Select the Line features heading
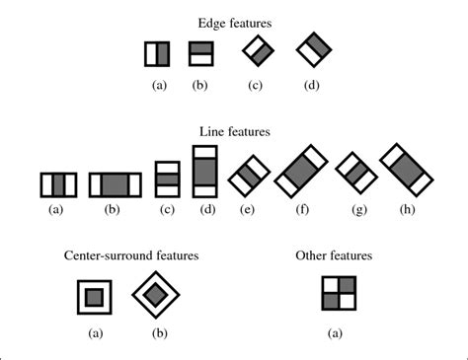pos(234,130)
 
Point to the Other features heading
pos(334,254)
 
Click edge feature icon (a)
pos(158,53)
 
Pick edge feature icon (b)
pos(201,53)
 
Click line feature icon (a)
pos(58,184)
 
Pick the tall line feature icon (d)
pos(206,172)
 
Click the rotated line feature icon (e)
pos(248,176)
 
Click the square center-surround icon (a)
pos(94,295)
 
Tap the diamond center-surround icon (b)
pos(156,294)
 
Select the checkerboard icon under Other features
pos(336,294)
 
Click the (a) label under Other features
pos(336,333)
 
